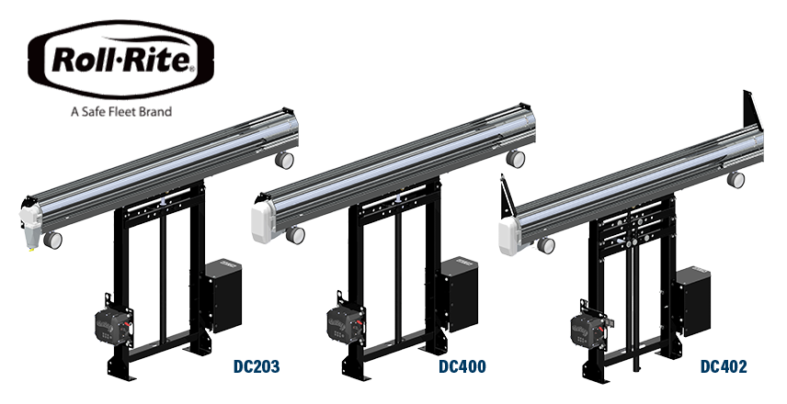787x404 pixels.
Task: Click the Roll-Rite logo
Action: point(121,59)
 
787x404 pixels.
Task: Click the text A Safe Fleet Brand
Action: point(121,111)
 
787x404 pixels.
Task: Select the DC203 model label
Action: point(257,366)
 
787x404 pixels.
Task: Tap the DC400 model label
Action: point(462,366)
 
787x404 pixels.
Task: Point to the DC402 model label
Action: point(724,366)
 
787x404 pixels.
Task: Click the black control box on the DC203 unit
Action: point(223,296)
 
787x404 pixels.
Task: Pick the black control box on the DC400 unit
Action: point(460,294)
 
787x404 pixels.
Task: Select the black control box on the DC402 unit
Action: point(693,301)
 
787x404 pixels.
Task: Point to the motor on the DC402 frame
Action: point(589,330)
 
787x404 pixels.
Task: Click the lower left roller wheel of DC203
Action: point(52,240)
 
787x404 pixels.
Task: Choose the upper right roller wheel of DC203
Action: point(284,160)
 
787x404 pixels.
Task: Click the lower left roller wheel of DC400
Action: point(295,235)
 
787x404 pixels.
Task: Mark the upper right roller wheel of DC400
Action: point(516,159)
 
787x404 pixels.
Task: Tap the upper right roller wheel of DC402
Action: point(736,180)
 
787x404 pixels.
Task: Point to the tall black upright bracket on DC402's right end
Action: point(753,111)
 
